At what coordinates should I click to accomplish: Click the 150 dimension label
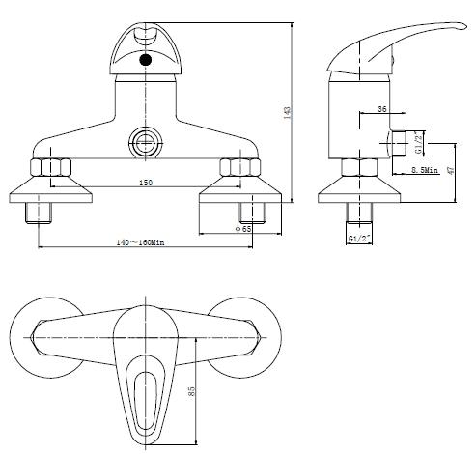146,183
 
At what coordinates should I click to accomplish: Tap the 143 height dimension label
287,113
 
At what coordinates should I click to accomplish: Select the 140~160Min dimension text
140,242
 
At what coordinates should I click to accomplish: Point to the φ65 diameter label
243,229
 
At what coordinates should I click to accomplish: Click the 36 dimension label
382,109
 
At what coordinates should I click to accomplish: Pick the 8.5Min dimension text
425,170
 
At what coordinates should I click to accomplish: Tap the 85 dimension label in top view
191,391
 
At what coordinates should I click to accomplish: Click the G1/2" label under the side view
359,239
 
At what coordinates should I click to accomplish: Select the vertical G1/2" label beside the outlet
418,143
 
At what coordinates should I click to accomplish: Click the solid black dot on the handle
146,60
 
